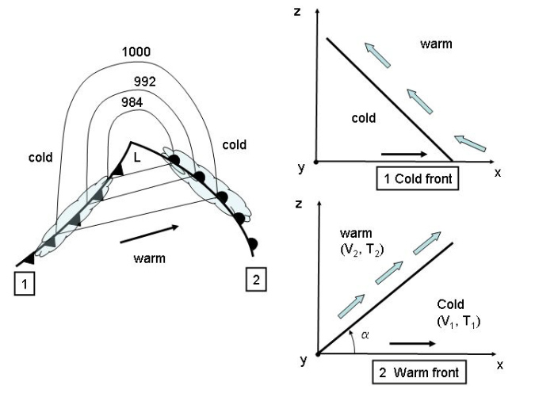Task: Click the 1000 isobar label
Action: click(136, 52)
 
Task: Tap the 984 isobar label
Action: click(133, 102)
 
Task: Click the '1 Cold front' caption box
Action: click(418, 178)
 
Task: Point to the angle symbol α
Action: click(365, 334)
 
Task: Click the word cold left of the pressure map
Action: click(40, 157)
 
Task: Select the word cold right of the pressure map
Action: click(235, 145)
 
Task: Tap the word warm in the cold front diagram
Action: click(436, 44)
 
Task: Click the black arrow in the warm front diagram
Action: click(411, 345)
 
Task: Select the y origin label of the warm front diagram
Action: click(304, 361)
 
